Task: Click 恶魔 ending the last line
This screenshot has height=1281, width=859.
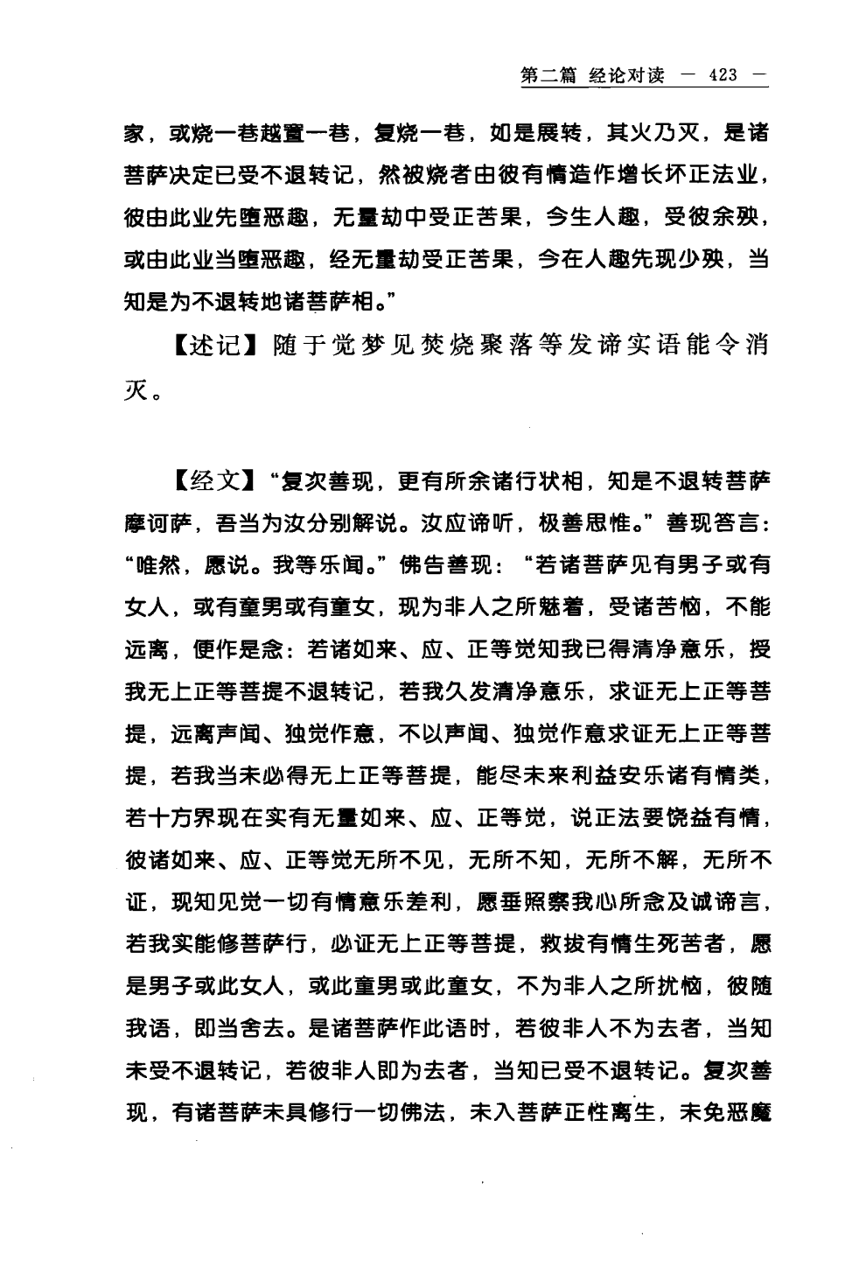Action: pos(751,1115)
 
